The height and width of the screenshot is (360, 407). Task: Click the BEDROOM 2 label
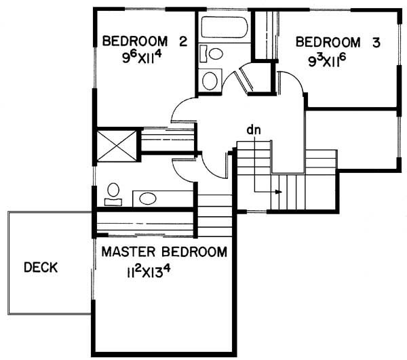(145, 41)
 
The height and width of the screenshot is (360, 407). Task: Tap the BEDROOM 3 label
(338, 43)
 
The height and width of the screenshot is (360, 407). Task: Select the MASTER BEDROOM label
(164, 252)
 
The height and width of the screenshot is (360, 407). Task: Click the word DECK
(41, 267)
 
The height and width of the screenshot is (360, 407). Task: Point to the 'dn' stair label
(254, 130)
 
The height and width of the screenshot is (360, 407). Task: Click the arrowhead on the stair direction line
(279, 192)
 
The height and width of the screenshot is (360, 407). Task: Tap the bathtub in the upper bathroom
(225, 27)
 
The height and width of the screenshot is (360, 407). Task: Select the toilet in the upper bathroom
(211, 54)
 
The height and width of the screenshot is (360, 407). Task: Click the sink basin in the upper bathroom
(210, 81)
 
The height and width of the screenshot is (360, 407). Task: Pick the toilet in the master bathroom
(113, 195)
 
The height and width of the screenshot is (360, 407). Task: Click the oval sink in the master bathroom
(148, 199)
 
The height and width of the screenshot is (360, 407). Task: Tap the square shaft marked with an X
(117, 146)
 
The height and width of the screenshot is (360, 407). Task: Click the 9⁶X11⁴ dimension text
(142, 58)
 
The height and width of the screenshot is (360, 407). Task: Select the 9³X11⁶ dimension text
(328, 61)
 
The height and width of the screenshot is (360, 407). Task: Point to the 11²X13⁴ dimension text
(149, 272)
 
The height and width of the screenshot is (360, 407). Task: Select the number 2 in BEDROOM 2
(183, 41)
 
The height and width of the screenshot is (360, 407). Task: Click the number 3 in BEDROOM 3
(376, 43)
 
